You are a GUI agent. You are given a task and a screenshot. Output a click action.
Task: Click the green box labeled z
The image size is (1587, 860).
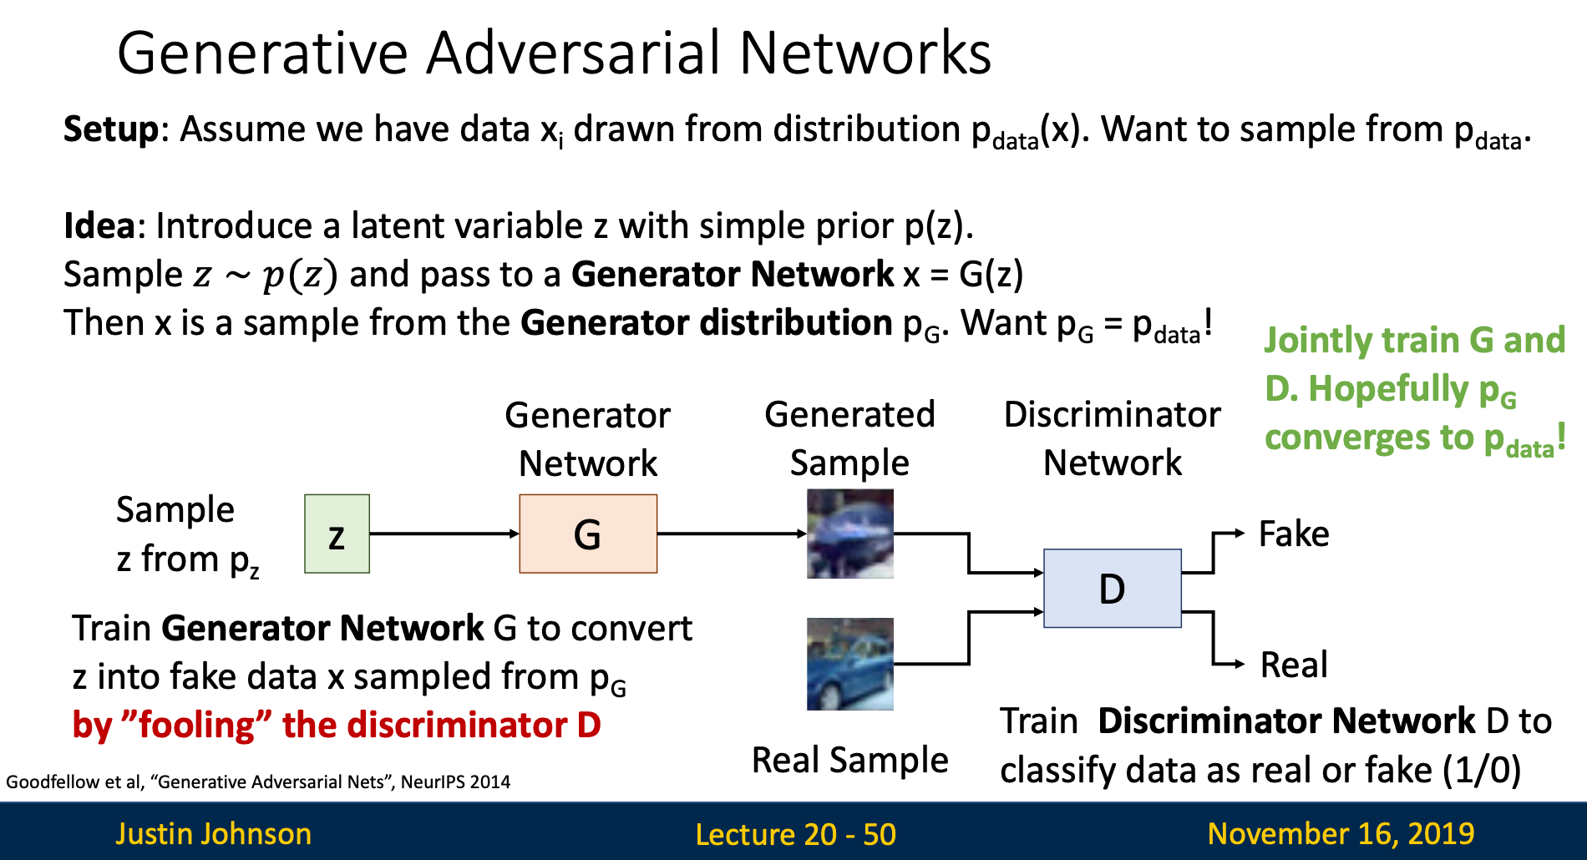[x=337, y=534]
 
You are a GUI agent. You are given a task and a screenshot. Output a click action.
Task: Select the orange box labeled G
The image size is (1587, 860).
[x=588, y=534]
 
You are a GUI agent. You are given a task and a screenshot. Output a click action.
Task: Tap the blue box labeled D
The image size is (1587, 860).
[x=1112, y=588]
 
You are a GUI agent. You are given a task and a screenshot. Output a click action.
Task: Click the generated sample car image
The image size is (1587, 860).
[x=849, y=534]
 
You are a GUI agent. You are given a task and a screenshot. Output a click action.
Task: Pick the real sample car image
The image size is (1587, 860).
[x=849, y=664]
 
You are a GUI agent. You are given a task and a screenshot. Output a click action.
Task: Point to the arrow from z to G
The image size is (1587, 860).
[x=444, y=534]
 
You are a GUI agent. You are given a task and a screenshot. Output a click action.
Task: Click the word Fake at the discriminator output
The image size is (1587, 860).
[x=1293, y=534]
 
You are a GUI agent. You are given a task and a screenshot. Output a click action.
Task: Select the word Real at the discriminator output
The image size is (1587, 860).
[x=1293, y=665]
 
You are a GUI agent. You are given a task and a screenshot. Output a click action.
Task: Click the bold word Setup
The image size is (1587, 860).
[x=110, y=129]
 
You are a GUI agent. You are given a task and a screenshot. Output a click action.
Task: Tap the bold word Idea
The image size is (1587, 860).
[x=99, y=226]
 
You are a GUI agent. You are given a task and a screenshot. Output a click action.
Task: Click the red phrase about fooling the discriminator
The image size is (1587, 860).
[x=337, y=725]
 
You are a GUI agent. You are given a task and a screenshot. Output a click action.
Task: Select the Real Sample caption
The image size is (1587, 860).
[x=849, y=760]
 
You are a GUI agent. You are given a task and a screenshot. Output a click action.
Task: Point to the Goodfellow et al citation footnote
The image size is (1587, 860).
[x=257, y=782]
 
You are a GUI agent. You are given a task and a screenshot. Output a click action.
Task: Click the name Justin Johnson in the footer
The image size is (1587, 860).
[x=213, y=833]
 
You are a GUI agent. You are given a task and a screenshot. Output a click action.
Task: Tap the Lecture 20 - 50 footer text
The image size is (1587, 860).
[x=795, y=833]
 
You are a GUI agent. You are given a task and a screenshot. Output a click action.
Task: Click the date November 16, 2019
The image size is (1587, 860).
[x=1340, y=833]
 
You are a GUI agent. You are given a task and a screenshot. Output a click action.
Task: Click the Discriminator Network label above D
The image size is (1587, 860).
[x=1112, y=438]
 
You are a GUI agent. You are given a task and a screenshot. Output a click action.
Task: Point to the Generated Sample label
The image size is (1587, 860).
[x=849, y=438]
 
